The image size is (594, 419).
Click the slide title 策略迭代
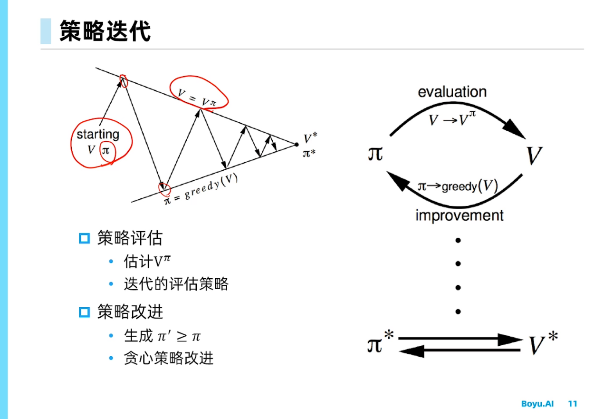105,31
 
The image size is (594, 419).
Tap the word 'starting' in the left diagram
98,135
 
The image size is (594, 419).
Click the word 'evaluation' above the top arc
452,92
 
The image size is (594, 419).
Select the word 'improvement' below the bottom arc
459,215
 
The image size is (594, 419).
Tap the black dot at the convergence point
297,144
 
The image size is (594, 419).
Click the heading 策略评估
130,238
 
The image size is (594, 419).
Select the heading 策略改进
130,312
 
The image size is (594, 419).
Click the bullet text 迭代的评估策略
176,284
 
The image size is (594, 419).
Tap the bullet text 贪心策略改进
169,358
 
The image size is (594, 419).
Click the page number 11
573,404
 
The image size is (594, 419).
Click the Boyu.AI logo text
537,404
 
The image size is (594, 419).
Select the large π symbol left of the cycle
375,153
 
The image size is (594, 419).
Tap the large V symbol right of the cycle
534,156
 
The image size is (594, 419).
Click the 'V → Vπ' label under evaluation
452,119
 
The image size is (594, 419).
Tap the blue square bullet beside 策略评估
84,238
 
